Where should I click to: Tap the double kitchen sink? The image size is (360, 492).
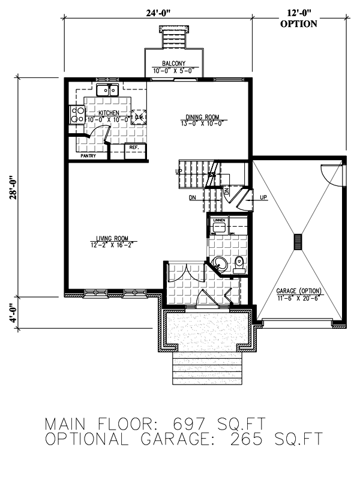click(107, 90)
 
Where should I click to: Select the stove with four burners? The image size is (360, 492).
click(77, 114)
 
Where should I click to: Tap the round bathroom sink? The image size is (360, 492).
click(220, 263)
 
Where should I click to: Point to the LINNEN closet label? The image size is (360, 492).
click(218, 221)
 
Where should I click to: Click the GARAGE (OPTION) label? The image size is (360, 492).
click(299, 291)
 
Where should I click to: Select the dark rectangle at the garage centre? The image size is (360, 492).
click(297, 241)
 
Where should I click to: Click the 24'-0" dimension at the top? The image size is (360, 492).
click(156, 9)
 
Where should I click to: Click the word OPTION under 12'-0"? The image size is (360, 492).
click(299, 24)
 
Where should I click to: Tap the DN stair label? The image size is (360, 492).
click(192, 197)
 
